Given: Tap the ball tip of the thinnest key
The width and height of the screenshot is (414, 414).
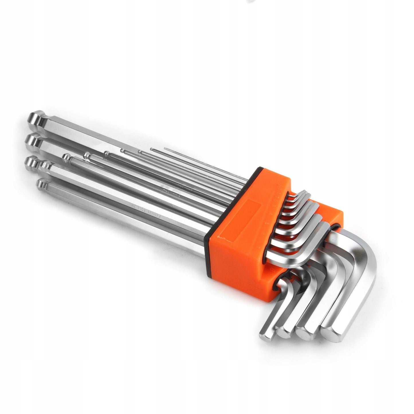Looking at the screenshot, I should pos(165,148).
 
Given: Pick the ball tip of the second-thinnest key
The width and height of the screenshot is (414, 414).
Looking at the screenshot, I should pos(151,150).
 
